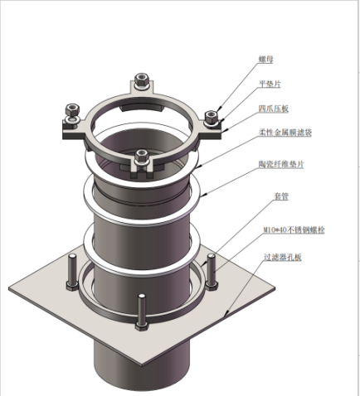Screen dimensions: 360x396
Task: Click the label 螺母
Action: coord(266,59)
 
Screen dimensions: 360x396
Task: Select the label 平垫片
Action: coord(270,84)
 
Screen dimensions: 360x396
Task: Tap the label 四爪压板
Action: coord(274,109)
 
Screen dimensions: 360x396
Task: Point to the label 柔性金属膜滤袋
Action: coord(285,133)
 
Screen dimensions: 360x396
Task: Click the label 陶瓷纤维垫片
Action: coord(281,164)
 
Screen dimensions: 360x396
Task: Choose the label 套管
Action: coord(281,196)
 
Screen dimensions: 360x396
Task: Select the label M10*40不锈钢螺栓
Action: coord(294,229)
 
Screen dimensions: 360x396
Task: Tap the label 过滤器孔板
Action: coord(282,258)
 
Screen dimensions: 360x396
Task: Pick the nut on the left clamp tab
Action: coord(72,110)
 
